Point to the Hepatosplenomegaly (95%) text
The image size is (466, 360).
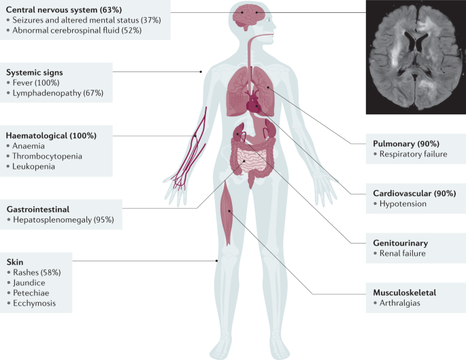coord(63,220)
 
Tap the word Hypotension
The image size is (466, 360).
coord(404,203)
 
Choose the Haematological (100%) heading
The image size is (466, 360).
coord(51,135)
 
